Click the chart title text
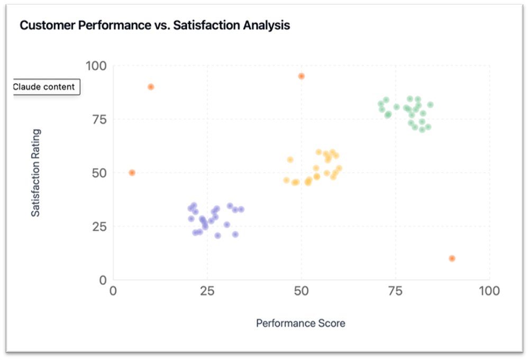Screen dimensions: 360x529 (x=154, y=25)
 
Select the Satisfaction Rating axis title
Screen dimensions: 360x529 (x=35, y=173)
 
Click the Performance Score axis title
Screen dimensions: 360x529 (x=300, y=323)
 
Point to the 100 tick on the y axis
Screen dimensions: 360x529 (x=96, y=66)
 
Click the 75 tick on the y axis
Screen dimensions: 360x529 (x=100, y=119)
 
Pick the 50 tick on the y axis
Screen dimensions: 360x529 (x=99, y=173)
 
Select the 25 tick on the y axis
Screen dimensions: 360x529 (x=100, y=227)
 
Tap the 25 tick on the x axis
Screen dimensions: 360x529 (x=207, y=291)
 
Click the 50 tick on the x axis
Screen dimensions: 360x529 (x=301, y=291)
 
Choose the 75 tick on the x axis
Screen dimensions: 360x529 (x=395, y=291)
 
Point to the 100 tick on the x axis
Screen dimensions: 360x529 (x=489, y=291)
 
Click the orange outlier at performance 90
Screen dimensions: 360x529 (x=452, y=258)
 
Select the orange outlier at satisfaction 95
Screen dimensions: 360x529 (x=301, y=76)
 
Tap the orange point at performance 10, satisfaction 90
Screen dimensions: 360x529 (x=151, y=87)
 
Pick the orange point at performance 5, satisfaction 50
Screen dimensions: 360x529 (x=132, y=173)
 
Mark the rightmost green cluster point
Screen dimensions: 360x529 (x=430, y=105)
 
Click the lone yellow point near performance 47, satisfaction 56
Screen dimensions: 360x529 (x=290, y=160)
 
